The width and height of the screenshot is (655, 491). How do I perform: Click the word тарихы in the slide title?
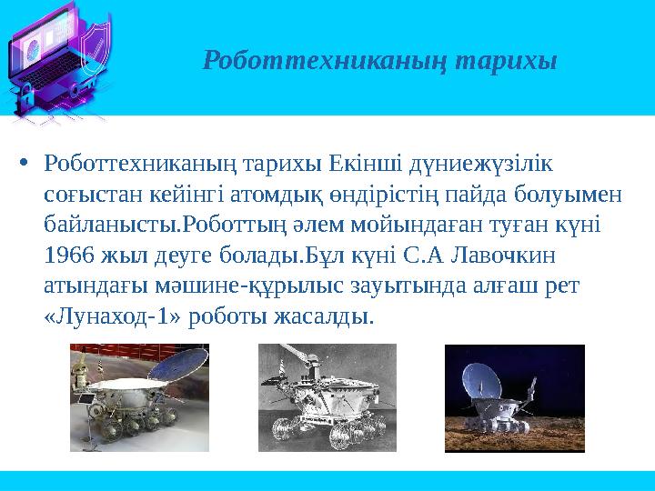click(x=506, y=61)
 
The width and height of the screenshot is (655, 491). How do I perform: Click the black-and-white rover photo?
click(x=327, y=398)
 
